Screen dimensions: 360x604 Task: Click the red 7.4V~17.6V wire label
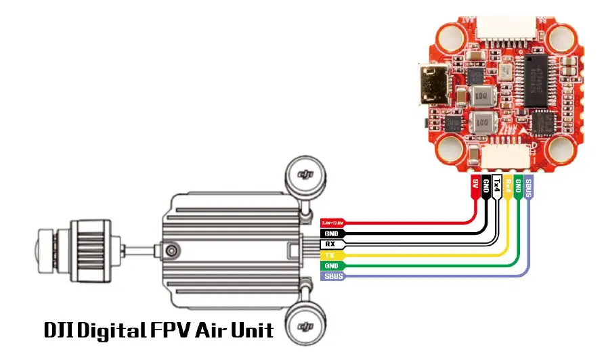[332, 222]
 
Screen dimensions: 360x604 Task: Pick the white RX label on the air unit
[331, 244]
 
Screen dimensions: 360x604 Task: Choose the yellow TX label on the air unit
[331, 255]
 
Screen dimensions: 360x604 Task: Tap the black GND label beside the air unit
[331, 233]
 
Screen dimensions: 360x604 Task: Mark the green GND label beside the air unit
[331, 266]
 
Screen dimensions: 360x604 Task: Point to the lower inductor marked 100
[482, 123]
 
